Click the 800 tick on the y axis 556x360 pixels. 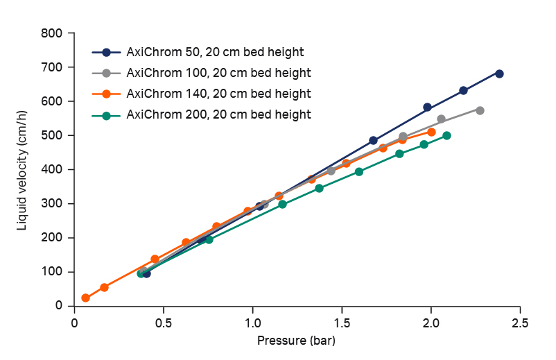55,33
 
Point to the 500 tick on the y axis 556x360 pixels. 55,135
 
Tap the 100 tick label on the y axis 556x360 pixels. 55,272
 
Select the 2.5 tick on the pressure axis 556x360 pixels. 520,323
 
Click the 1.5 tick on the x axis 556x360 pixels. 342,323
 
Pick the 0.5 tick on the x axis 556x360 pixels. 164,323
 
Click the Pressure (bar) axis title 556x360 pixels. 296,341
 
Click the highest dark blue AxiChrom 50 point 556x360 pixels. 499,74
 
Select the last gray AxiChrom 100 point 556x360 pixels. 480,110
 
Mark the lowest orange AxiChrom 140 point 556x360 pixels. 85,298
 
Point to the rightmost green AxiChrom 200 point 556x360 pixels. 446,136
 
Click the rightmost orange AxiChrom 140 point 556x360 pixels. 431,132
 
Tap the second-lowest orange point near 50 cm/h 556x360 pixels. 104,287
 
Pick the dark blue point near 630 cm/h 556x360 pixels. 463,91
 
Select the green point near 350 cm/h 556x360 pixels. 319,188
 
